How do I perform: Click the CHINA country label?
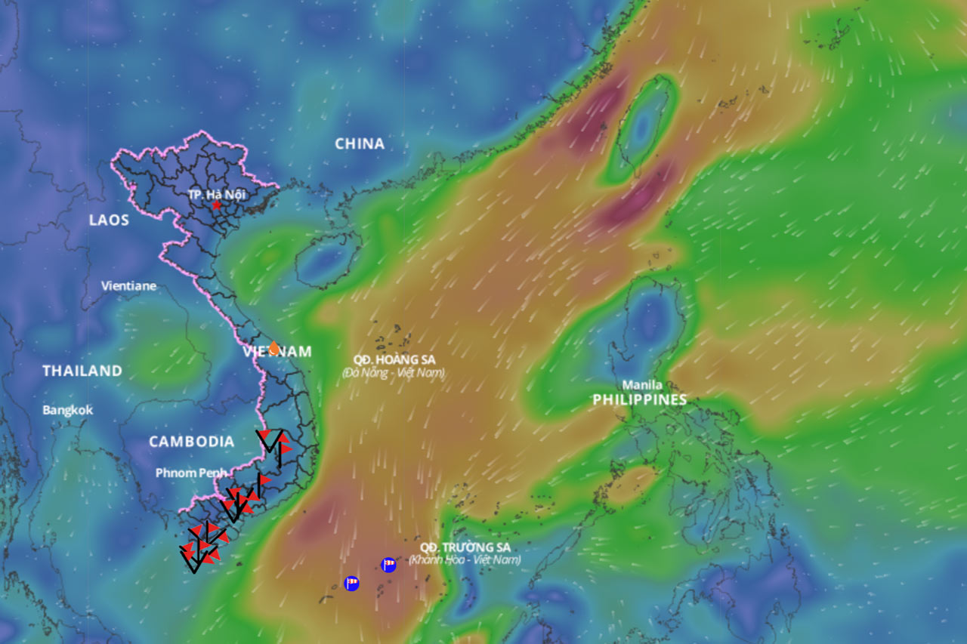[360, 143]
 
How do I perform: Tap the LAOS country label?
[109, 220]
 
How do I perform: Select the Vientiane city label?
[129, 286]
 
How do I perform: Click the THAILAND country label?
[82, 371]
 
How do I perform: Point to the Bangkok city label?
[68, 410]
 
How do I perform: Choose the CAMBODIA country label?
[191, 442]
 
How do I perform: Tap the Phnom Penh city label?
[191, 473]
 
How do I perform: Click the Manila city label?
[642, 384]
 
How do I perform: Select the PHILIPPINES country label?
[640, 399]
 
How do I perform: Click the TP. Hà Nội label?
[217, 194]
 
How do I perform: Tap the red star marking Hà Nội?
[217, 205]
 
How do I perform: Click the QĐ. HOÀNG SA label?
[394, 360]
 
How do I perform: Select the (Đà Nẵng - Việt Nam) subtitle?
[394, 373]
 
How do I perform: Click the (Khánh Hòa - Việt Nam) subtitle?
[465, 560]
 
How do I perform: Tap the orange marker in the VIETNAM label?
[273, 348]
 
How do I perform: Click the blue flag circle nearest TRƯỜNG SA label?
[388, 565]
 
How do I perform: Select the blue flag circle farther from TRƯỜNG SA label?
[351, 583]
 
